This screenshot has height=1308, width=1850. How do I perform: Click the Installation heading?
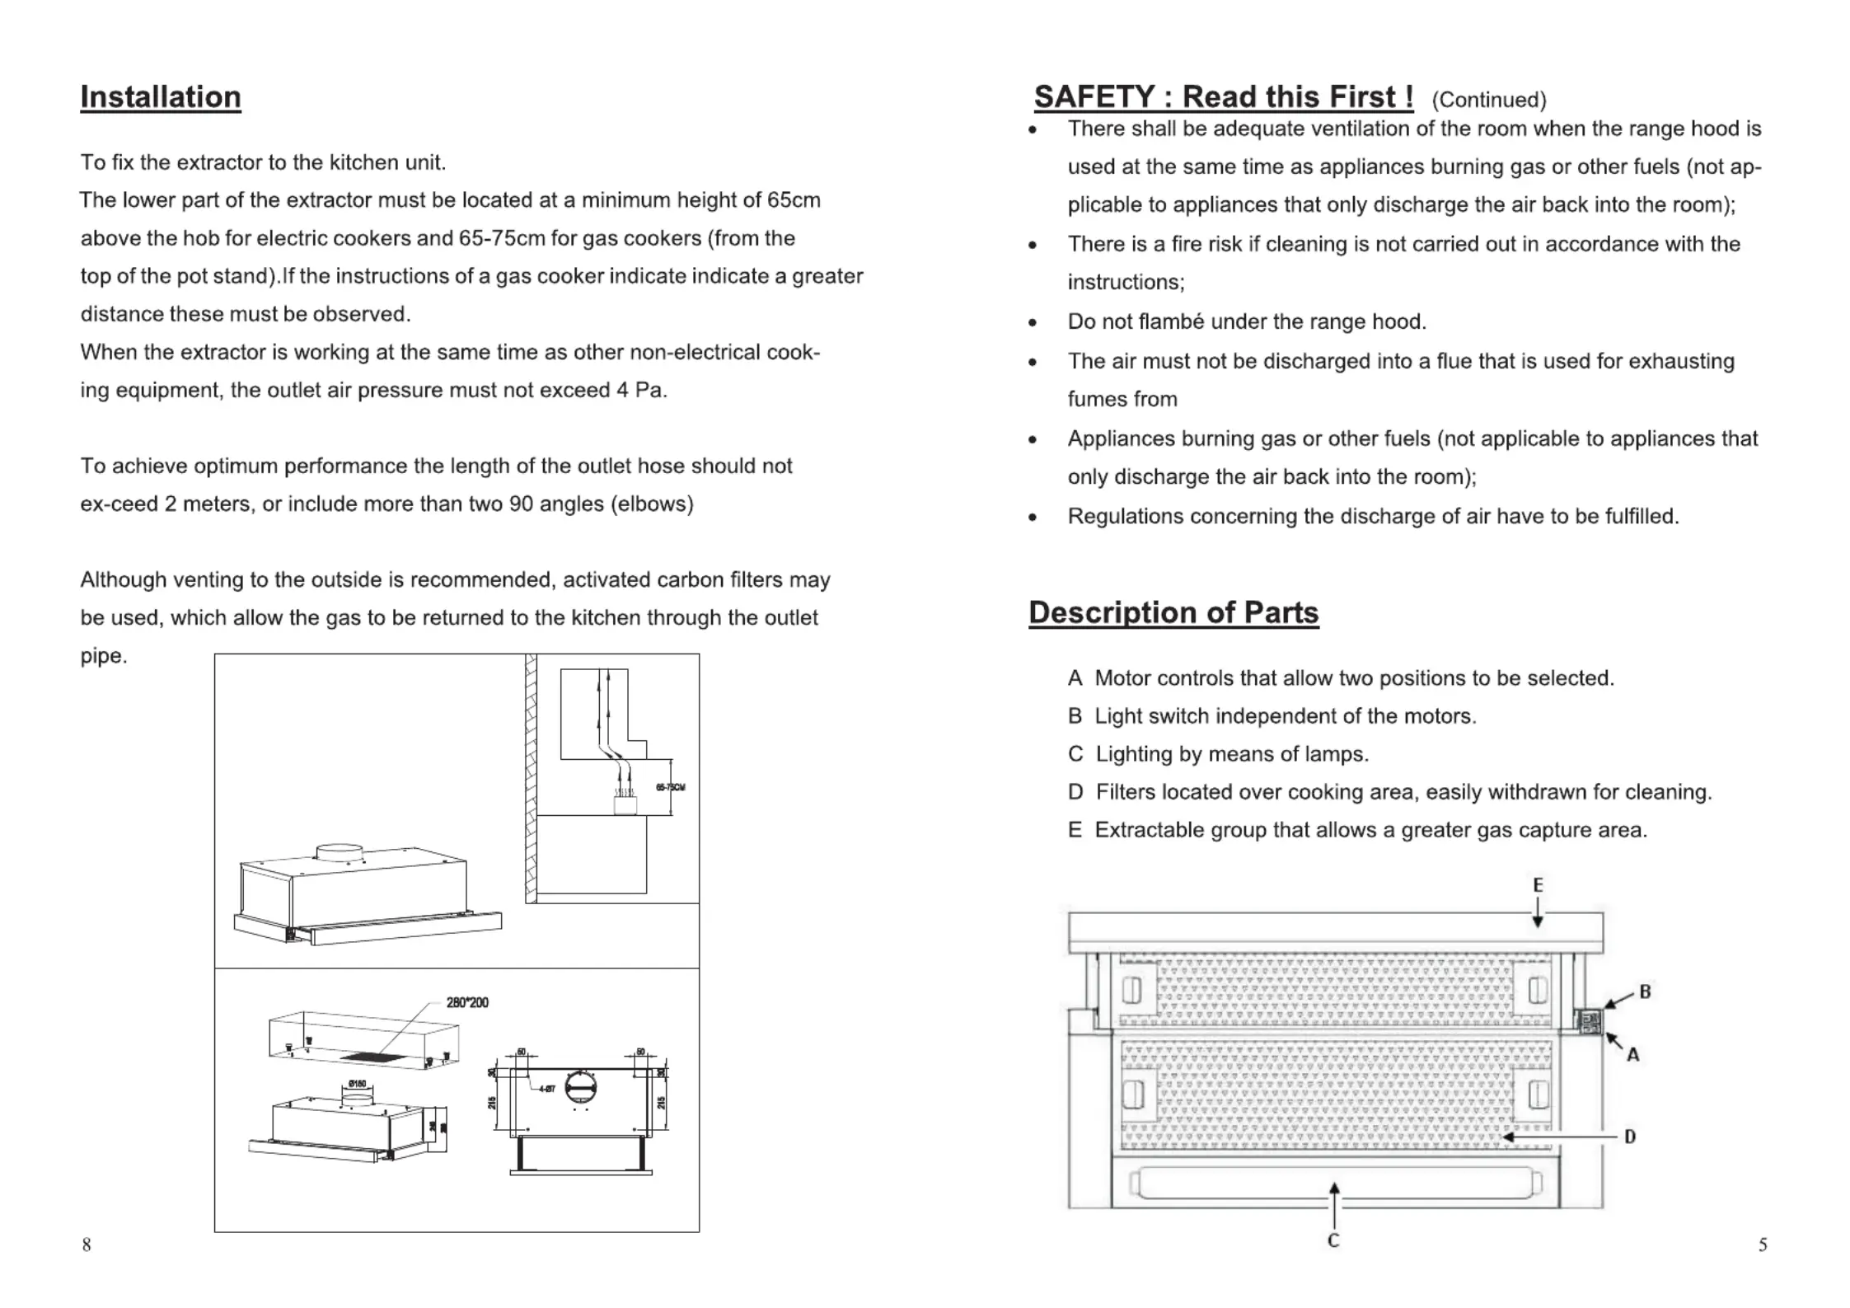pos(160,97)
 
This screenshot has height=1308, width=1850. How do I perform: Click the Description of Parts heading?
pos(1173,612)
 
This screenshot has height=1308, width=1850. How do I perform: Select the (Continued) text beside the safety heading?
pos(1488,101)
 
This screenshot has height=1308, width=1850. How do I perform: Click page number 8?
pos(87,1245)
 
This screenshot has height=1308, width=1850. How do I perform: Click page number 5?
pos(1762,1245)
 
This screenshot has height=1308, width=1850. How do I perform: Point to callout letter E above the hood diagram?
pos(1537,885)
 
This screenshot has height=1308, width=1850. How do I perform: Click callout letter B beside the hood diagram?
pos(1645,992)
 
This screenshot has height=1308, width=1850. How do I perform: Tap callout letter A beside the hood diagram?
pos(1632,1054)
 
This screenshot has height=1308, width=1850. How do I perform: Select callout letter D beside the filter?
pos(1629,1137)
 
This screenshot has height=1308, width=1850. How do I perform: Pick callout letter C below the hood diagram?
pos(1333,1240)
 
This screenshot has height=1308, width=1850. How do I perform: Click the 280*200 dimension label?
pos(467,1002)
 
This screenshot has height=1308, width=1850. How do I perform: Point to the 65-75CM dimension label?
pos(670,787)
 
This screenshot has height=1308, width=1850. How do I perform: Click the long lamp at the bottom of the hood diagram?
pos(1335,1184)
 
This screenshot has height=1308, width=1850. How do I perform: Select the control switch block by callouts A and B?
pos(1589,1022)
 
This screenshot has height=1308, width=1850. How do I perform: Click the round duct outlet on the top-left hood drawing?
pos(340,853)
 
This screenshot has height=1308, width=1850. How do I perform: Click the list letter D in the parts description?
pos(1075,792)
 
